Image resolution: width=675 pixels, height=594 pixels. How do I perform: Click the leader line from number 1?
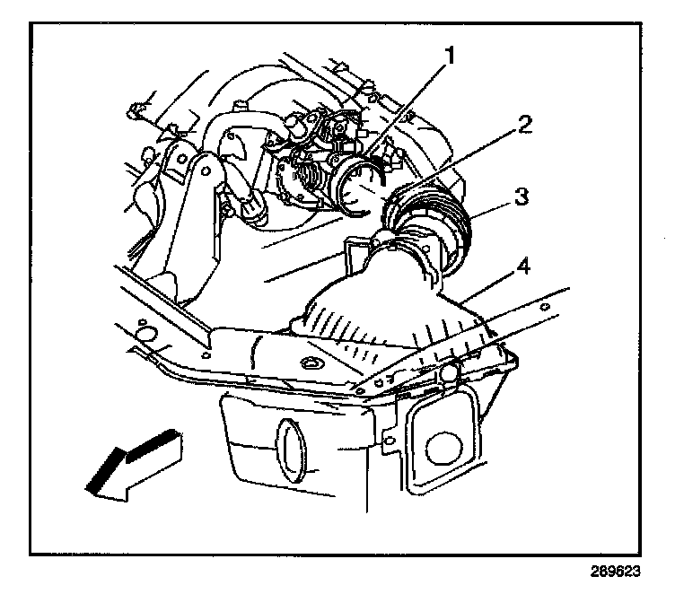tap(413, 108)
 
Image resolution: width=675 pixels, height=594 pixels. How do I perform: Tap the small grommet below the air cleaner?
tap(313, 363)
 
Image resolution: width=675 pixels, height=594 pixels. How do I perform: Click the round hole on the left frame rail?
tap(139, 338)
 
